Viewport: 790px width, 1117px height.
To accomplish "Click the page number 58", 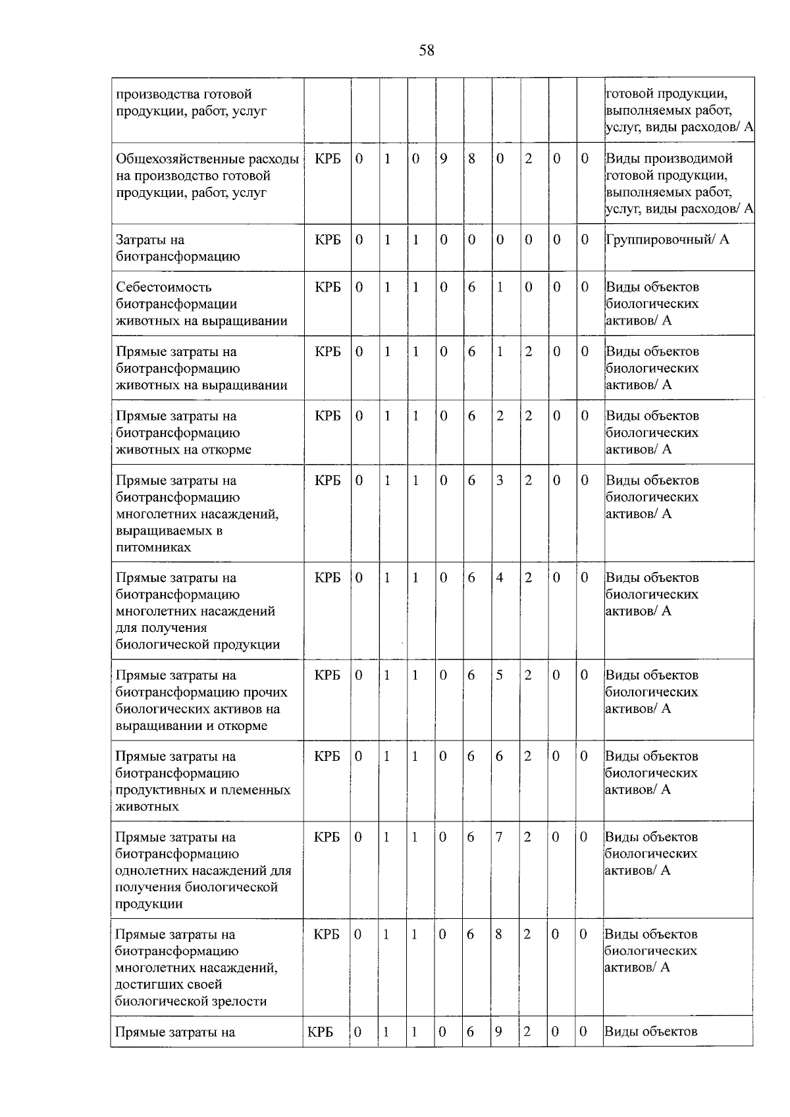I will pyautogui.click(x=427, y=51).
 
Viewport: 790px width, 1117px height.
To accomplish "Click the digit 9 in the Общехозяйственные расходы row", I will pyautogui.click(x=444, y=159).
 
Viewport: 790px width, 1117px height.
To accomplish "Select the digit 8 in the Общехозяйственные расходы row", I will pyautogui.click(x=472, y=159).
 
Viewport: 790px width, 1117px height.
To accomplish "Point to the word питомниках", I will pyautogui.click(x=153, y=548).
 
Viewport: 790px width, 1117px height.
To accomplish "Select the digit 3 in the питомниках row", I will pyautogui.click(x=500, y=481).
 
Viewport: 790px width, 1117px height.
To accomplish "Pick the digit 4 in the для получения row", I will pyautogui.click(x=500, y=578).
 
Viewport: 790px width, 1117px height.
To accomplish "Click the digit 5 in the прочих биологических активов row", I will pyautogui.click(x=500, y=675).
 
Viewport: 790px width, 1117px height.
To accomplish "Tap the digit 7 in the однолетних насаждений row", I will pyautogui.click(x=499, y=837).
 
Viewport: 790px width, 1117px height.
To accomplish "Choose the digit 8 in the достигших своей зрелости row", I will pyautogui.click(x=499, y=935).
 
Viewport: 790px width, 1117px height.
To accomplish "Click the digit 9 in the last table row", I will pyautogui.click(x=499, y=1032).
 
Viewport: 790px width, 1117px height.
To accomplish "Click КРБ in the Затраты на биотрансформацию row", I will pyautogui.click(x=328, y=240).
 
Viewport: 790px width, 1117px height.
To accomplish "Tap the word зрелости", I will pyautogui.click(x=240, y=1002).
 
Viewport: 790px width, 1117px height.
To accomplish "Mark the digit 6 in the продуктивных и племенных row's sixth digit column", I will pyautogui.click(x=499, y=757).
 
